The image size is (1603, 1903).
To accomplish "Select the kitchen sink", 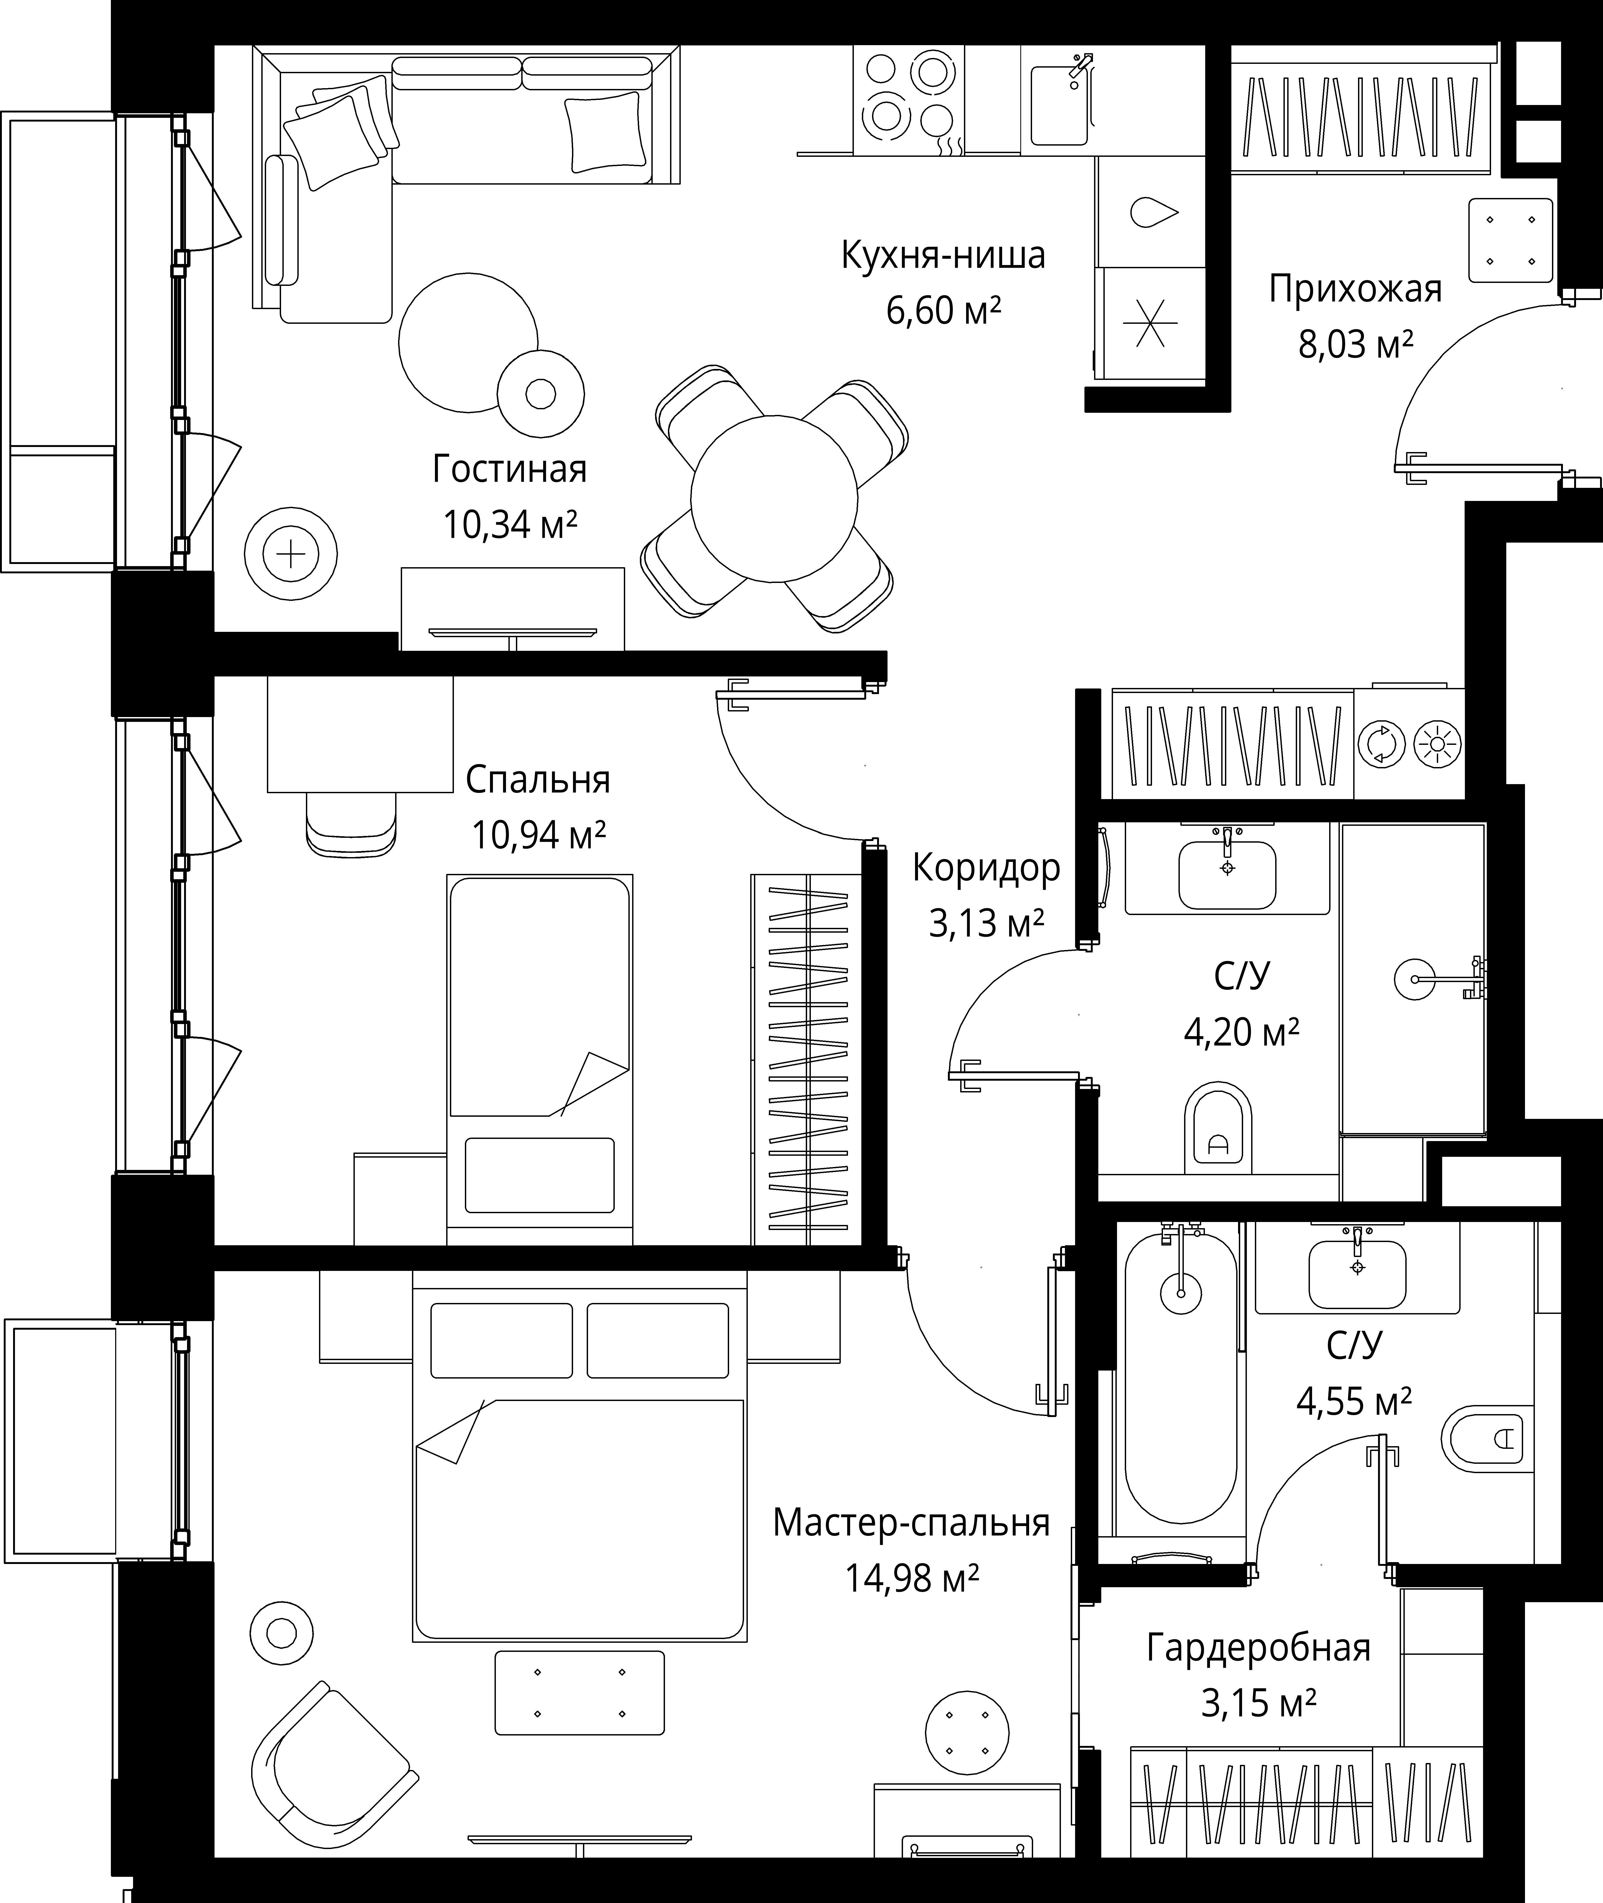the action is click(x=1060, y=100).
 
